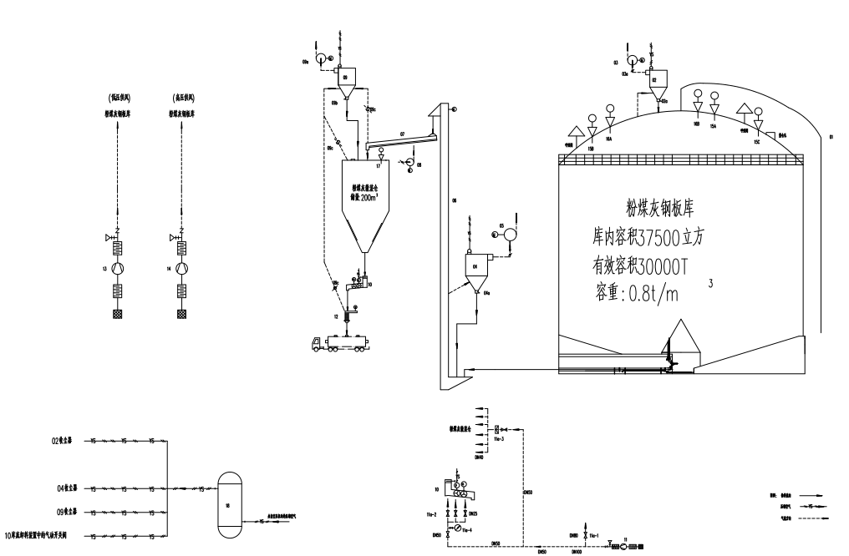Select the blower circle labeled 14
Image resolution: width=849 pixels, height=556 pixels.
coord(182,269)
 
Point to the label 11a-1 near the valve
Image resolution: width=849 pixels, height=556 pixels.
coord(594,535)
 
